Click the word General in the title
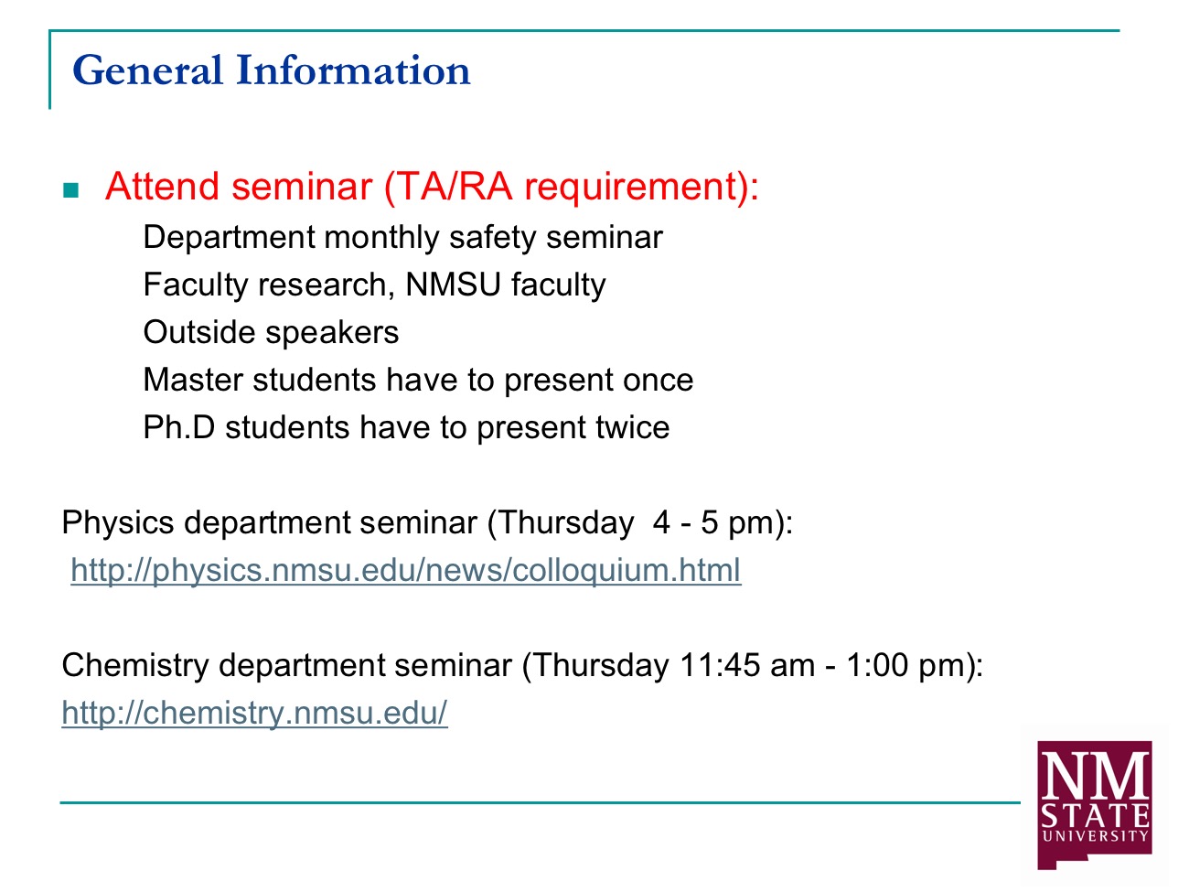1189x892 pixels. (147, 70)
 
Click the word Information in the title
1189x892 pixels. (353, 70)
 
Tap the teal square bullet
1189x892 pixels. (71, 190)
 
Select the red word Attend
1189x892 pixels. (161, 187)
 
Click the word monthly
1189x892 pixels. (381, 238)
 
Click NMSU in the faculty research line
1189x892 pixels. (453, 285)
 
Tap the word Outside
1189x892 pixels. (199, 331)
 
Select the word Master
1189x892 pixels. (193, 379)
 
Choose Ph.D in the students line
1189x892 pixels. (178, 426)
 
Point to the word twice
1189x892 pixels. (632, 426)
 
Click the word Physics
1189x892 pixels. (118, 523)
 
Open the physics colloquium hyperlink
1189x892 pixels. (406, 570)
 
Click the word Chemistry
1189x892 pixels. (135, 666)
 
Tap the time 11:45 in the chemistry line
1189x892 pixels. (720, 665)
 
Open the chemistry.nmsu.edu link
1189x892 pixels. (254, 713)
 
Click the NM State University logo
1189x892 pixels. (1094, 805)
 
